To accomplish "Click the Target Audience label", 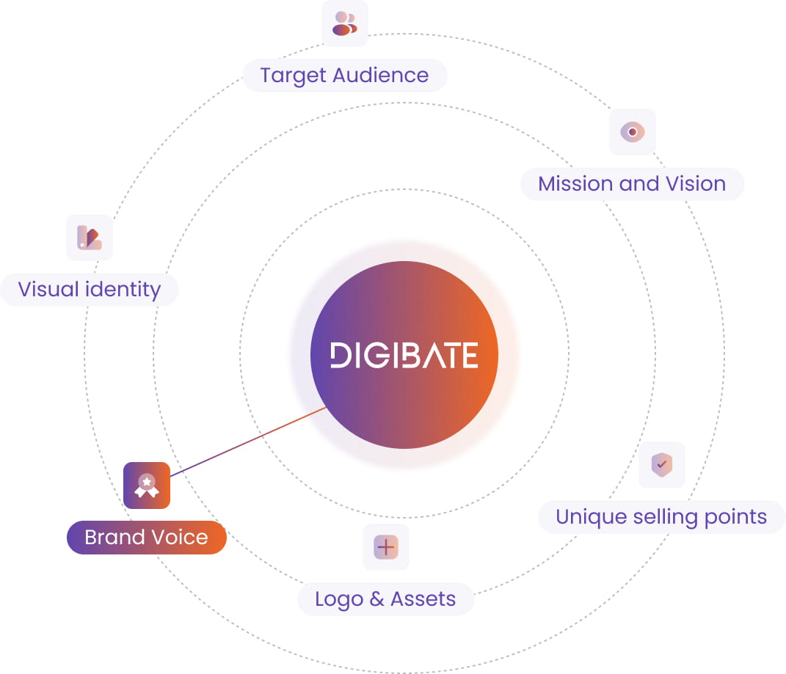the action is (345, 75).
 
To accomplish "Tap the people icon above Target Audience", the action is (345, 23).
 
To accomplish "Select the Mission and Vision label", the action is (632, 184).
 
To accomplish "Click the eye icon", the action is (633, 132).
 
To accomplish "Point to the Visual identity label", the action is (90, 290).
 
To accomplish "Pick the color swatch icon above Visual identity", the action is (90, 238).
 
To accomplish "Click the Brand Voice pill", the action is (146, 537).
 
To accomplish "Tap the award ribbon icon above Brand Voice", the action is (147, 486).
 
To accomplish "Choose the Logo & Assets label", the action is (385, 599).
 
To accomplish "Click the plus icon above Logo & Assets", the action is (386, 546).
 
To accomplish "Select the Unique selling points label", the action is (661, 516).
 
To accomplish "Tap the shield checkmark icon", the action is (662, 464).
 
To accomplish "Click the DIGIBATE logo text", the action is (404, 355).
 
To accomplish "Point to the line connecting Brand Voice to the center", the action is (248, 442).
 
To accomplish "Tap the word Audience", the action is (380, 75).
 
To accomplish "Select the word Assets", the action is (423, 599).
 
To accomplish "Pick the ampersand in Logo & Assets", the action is (377, 599).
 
